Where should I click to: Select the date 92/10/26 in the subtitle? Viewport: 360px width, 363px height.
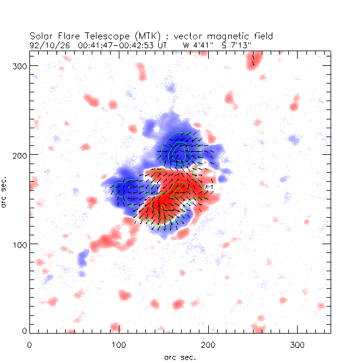(45, 45)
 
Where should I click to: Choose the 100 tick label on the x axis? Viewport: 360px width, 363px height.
(119, 344)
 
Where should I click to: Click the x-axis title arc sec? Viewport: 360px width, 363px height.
(180, 357)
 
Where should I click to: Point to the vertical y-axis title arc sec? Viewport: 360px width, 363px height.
(5, 191)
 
